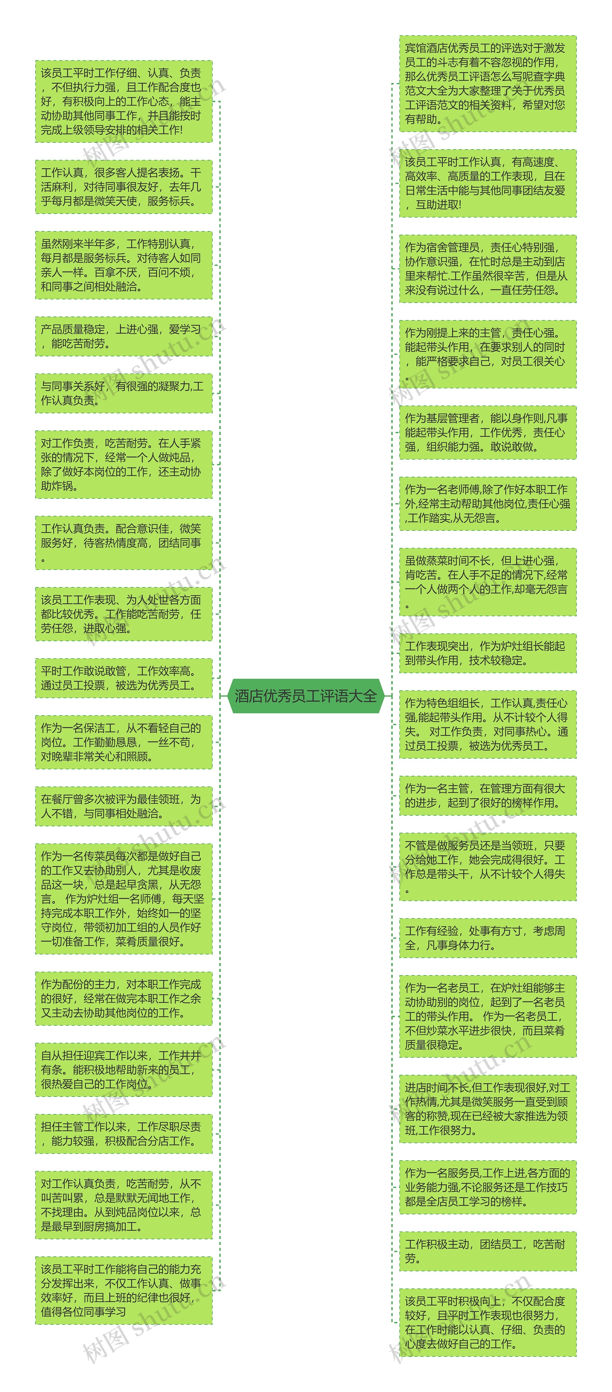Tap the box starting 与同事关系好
coord(124,393)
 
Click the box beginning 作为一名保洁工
coord(124,742)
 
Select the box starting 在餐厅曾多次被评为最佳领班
coord(124,806)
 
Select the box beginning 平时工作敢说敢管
coord(124,678)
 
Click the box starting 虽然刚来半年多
coord(124,265)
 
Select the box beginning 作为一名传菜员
coord(124,899)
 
